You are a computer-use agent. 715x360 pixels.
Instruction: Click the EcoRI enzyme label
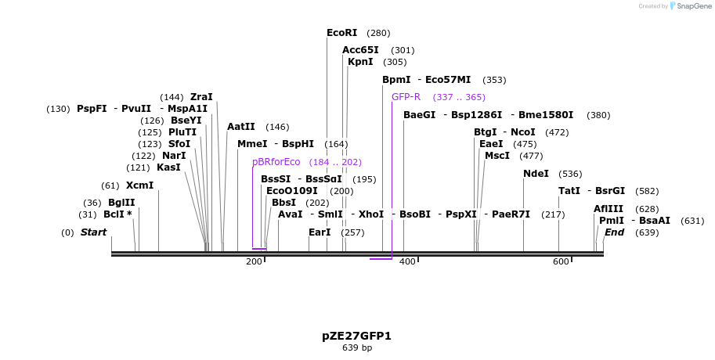tap(341, 33)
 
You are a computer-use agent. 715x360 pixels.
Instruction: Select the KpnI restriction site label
tap(360, 62)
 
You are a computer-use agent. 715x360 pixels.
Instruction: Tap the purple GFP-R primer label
tap(406, 97)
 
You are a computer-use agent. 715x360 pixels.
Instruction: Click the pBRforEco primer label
tap(276, 162)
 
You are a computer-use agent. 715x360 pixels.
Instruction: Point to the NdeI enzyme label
tap(536, 174)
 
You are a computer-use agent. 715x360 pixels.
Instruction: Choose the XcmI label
tap(139, 185)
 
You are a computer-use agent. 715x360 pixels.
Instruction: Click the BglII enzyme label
tap(121, 203)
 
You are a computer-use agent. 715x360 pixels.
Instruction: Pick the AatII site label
tap(241, 127)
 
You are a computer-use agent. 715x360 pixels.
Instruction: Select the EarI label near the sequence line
tap(320, 232)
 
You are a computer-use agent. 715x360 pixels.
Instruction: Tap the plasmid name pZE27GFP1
tap(356, 336)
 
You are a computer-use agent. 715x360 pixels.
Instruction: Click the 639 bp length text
tap(356, 347)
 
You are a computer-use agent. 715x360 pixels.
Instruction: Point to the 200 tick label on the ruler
tap(254, 261)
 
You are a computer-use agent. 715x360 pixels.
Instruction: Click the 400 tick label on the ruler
tap(407, 261)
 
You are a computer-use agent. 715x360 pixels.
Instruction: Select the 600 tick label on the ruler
tap(561, 261)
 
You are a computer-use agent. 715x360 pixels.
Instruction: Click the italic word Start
tap(93, 232)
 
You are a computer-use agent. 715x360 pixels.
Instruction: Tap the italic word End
tap(614, 232)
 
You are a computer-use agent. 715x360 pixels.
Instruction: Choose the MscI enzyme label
tap(497, 156)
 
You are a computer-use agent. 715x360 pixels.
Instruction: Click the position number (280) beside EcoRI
tap(378, 33)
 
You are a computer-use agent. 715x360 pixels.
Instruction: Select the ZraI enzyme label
tap(201, 97)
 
